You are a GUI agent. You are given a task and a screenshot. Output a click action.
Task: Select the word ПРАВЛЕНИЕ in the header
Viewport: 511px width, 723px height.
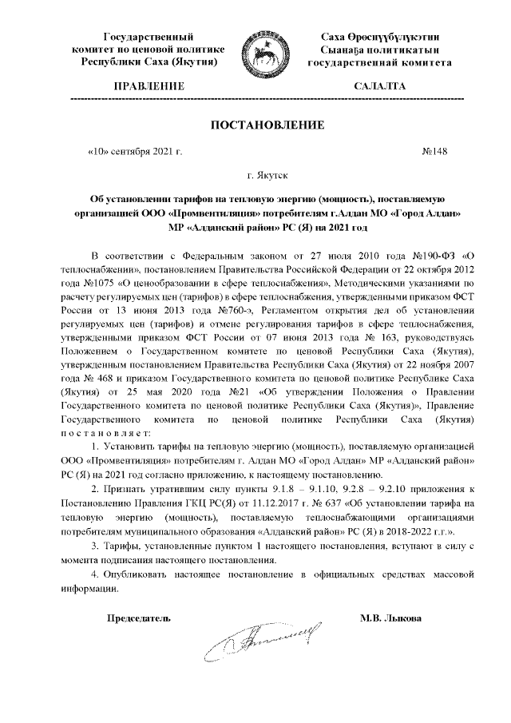point(149,85)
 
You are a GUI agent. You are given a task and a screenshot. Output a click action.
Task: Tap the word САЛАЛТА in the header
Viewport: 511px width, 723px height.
point(379,85)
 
